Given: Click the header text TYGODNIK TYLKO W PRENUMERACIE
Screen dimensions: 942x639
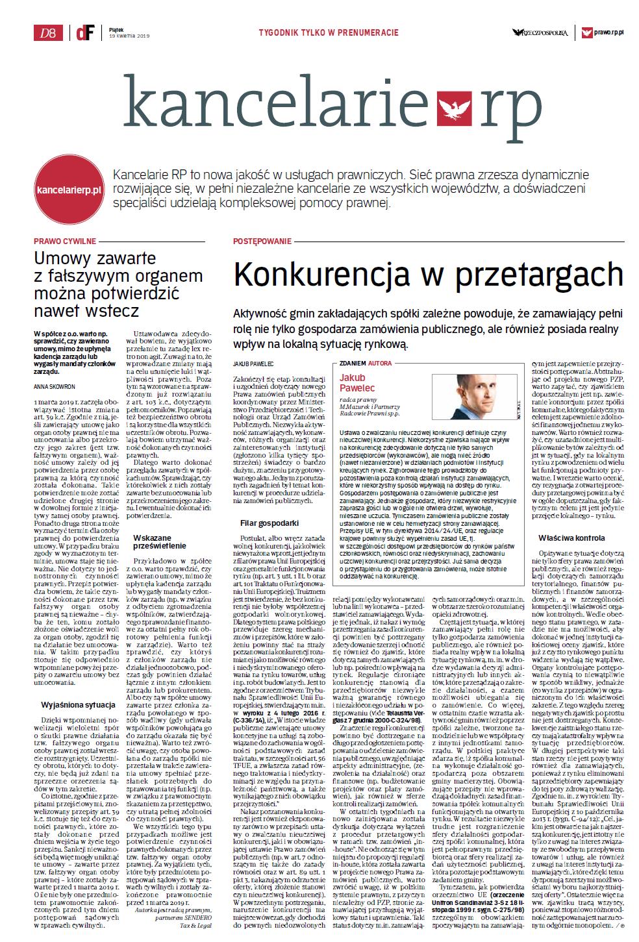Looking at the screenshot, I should [x=329, y=32].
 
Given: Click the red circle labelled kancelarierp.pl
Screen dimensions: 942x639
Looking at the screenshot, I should [x=69, y=190].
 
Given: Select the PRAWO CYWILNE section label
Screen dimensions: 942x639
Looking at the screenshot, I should [x=66, y=241].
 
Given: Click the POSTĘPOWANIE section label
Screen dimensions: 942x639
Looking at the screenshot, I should [x=262, y=241].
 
